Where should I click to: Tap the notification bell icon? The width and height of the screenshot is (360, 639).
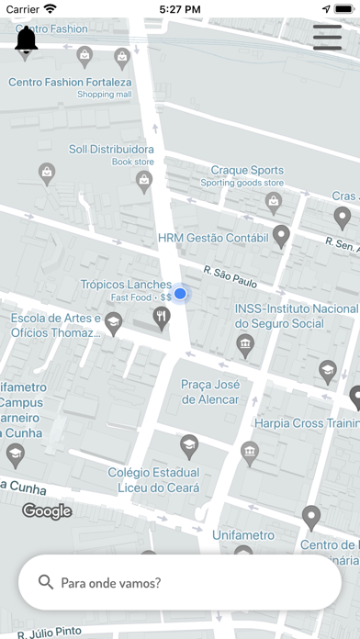[x=27, y=40]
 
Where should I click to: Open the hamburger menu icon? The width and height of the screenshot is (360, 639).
[x=327, y=37]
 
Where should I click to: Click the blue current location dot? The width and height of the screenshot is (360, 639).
[x=181, y=294]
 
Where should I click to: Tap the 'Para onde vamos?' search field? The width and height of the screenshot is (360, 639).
[x=180, y=582]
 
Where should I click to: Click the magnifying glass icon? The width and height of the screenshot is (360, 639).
[x=45, y=582]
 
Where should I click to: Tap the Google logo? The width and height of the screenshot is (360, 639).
[x=47, y=511]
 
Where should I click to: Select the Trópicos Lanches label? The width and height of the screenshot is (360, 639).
[x=127, y=285]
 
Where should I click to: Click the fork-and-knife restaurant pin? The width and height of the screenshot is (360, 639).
[x=162, y=317]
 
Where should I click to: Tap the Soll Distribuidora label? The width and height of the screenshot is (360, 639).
[x=111, y=149]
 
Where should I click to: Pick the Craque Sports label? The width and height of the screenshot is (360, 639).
[x=247, y=170]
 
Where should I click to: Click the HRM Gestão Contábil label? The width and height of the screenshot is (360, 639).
[x=211, y=237]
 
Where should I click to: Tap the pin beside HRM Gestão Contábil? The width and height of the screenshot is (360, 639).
[x=282, y=236]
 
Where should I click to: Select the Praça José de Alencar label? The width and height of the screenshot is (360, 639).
[x=210, y=392]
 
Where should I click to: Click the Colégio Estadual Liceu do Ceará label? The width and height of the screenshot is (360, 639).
[x=153, y=480]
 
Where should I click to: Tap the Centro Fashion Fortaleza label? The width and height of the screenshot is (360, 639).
[x=70, y=82]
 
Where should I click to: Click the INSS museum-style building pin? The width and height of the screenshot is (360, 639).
[x=244, y=345]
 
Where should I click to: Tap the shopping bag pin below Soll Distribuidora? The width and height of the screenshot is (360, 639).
[x=144, y=182]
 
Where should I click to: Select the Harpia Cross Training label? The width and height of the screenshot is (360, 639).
[x=308, y=424]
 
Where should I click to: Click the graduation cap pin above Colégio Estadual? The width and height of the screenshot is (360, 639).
[x=189, y=446]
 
